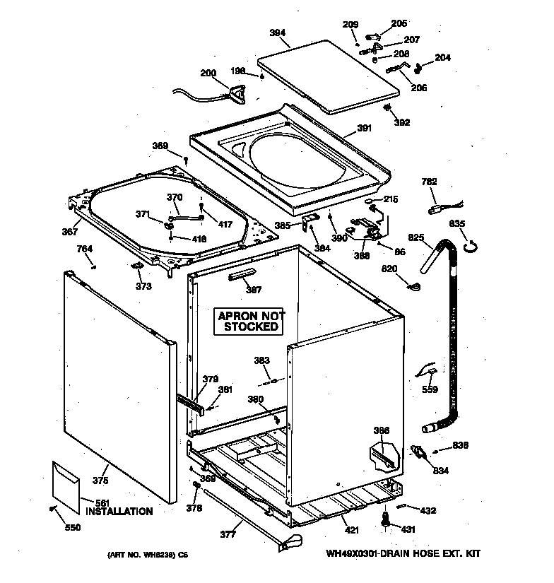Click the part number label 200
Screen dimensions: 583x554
(x=208, y=73)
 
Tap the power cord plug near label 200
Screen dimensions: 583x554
(x=236, y=91)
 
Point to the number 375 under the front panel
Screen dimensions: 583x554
(x=100, y=481)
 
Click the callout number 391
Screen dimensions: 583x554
(x=364, y=129)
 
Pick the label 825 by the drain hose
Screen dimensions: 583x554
(x=416, y=237)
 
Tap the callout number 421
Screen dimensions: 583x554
(x=350, y=531)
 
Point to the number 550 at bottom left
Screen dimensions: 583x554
(x=73, y=527)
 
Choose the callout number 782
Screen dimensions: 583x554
(x=429, y=182)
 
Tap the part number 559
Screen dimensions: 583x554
(x=430, y=389)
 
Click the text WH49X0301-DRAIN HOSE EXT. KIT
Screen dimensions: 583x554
(x=407, y=554)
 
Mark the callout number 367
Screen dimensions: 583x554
(x=69, y=230)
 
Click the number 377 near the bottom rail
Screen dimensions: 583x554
(x=227, y=535)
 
